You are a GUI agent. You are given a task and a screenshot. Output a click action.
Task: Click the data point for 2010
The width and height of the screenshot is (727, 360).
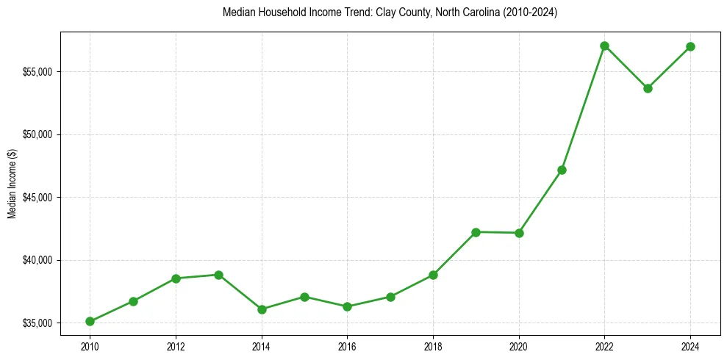click(90, 321)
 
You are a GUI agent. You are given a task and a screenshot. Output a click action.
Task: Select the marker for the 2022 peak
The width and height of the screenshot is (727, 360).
click(604, 46)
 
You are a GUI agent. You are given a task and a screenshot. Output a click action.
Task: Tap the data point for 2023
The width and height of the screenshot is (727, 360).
click(648, 88)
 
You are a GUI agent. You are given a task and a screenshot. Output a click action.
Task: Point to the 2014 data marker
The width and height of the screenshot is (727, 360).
click(262, 309)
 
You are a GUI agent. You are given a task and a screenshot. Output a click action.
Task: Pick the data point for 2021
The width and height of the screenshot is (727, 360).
click(562, 170)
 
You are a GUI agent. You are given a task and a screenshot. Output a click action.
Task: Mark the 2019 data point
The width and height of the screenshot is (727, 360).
click(476, 232)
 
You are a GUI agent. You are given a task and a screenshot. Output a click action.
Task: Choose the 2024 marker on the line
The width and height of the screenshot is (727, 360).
click(690, 46)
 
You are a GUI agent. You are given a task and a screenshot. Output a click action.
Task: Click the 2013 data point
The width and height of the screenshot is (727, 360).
click(218, 275)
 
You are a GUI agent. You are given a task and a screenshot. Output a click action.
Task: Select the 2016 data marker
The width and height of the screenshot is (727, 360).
click(347, 306)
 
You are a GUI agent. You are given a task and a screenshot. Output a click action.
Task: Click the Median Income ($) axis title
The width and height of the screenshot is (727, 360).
click(12, 189)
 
